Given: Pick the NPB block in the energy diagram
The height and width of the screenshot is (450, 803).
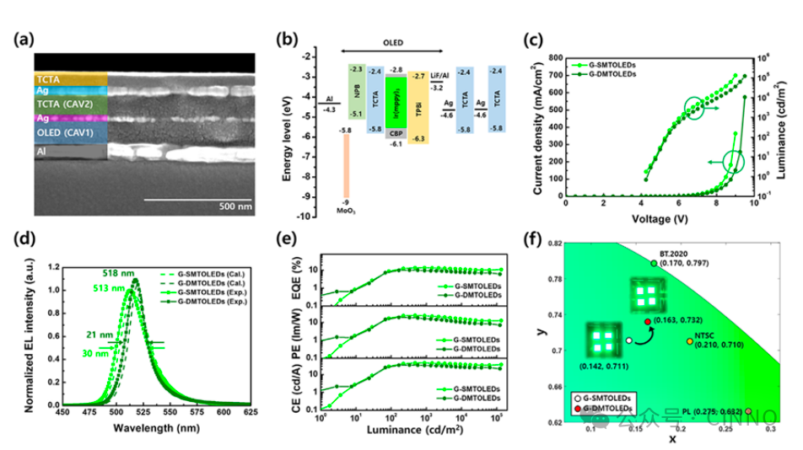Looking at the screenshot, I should tap(356, 91).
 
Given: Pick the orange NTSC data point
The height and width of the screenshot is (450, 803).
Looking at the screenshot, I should tap(688, 341).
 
